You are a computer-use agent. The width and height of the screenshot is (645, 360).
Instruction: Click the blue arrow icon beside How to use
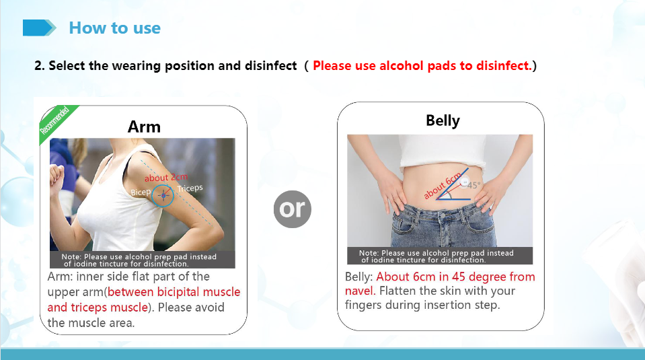(39, 28)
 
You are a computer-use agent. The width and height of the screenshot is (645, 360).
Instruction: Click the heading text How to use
(115, 28)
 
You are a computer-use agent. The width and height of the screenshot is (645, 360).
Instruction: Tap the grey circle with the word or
(293, 209)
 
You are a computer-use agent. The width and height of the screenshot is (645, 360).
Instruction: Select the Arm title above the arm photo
(144, 127)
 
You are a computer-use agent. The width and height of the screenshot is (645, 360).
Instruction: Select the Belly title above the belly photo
(443, 121)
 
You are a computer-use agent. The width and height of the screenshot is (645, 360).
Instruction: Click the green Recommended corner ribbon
(56, 122)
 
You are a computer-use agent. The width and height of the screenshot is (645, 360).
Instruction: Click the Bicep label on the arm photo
(141, 192)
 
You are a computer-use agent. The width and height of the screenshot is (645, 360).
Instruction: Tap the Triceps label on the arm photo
(190, 188)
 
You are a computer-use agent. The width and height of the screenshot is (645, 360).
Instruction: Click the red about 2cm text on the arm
(166, 178)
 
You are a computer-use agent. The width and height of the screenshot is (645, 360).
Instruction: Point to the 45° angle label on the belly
(473, 186)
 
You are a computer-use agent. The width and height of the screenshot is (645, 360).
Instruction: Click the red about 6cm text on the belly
(443, 186)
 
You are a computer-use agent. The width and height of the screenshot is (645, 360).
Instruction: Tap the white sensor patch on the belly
(465, 181)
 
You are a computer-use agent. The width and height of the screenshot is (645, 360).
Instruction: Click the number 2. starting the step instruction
(40, 66)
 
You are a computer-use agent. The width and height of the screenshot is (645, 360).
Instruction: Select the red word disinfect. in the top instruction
(504, 66)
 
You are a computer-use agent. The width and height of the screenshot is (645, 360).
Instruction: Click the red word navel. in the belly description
(360, 291)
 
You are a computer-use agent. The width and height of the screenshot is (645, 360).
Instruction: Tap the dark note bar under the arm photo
(143, 260)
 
